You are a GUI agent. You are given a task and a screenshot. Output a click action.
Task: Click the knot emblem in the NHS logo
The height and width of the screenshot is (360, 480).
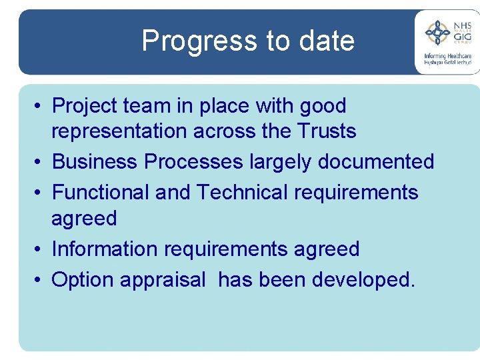pos(437,32)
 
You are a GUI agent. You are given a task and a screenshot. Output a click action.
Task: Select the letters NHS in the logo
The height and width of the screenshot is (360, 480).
pos(462,25)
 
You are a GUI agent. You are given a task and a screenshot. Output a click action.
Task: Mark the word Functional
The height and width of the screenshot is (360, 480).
pos(101,193)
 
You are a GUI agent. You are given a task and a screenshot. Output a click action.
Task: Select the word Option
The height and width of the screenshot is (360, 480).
pos(83,280)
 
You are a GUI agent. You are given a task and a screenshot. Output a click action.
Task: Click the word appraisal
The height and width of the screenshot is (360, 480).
pos(163,281)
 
